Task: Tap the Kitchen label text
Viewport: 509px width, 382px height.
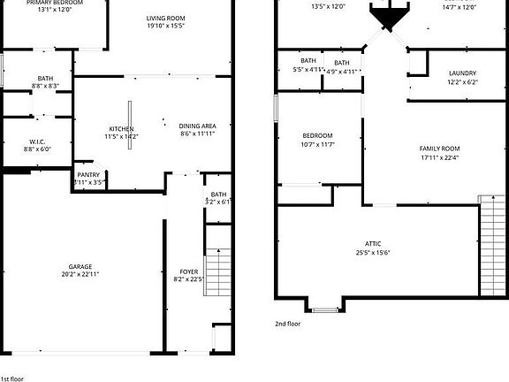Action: (x=121, y=128)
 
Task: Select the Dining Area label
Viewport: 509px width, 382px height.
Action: (x=198, y=126)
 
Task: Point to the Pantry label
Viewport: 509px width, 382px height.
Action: (x=88, y=175)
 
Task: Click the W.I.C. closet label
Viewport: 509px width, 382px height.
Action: (x=37, y=141)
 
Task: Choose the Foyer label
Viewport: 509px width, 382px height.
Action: (x=189, y=271)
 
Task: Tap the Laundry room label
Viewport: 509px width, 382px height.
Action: (x=462, y=73)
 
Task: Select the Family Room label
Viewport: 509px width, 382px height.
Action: (x=439, y=148)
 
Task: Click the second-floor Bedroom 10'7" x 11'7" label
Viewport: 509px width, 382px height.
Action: (x=317, y=135)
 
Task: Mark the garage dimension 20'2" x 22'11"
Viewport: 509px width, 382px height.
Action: (x=81, y=275)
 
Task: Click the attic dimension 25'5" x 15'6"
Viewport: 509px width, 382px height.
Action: (x=374, y=252)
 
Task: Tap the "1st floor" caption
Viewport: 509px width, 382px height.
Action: (x=11, y=378)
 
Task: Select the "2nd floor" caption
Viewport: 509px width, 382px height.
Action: (x=287, y=324)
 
